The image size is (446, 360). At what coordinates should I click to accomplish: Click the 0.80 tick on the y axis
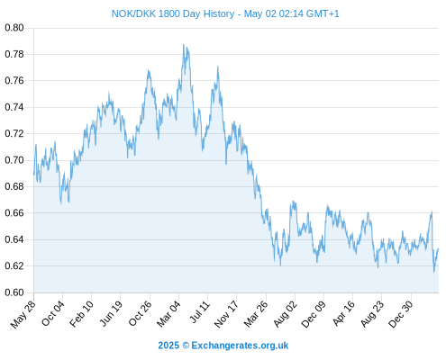[x=14, y=28]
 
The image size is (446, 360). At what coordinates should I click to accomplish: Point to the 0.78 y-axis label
[x=14, y=54]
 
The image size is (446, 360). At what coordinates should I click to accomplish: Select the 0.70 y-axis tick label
[x=14, y=160]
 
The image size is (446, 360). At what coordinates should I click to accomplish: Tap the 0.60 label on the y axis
[x=14, y=292]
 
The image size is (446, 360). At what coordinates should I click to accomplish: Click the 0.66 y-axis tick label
[x=14, y=213]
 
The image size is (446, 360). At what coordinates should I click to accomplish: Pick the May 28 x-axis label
[x=23, y=314]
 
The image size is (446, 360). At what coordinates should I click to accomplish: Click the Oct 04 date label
[x=53, y=313]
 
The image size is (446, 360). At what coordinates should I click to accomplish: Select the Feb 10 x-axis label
[x=82, y=313]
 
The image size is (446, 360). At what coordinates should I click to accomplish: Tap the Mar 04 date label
[x=168, y=314]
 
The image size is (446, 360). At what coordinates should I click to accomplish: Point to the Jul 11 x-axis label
[x=200, y=312]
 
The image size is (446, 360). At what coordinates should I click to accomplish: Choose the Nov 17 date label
[x=226, y=314]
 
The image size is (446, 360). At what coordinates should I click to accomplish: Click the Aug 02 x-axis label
[x=285, y=314]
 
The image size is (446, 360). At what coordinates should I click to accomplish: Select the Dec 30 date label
[x=401, y=314]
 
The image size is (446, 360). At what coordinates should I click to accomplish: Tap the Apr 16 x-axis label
[x=344, y=313]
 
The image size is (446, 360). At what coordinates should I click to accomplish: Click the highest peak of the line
[x=184, y=45]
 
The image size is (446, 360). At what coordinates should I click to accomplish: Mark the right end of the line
[x=439, y=248]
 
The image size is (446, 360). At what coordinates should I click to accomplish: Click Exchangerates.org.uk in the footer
[x=240, y=346]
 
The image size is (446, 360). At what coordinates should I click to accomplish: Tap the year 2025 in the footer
[x=168, y=346]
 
